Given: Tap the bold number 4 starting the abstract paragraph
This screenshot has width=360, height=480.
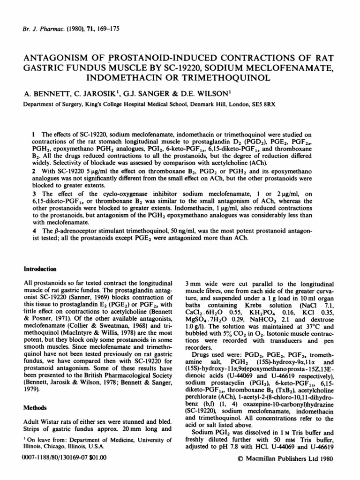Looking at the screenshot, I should [33, 231].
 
